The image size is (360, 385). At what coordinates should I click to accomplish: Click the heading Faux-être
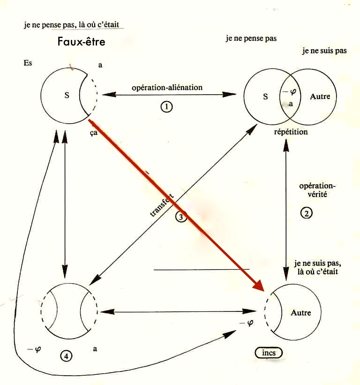[x=81, y=42]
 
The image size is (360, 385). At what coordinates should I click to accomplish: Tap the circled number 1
[x=166, y=107]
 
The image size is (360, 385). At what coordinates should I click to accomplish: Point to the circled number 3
[x=181, y=217]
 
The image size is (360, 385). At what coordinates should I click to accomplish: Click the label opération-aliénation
[x=167, y=87]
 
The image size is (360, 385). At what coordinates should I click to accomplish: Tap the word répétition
[x=291, y=132]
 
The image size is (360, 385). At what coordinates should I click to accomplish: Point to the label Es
[x=28, y=63]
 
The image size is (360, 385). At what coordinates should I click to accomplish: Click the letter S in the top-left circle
[x=67, y=96]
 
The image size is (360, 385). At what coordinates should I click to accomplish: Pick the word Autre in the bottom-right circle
[x=300, y=313]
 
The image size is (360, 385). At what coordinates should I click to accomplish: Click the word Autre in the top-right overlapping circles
[x=320, y=97]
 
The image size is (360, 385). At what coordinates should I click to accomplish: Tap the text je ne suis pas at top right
[x=324, y=51]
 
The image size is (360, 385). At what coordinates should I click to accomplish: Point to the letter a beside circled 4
[x=95, y=348]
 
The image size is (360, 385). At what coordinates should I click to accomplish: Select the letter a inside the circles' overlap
[x=291, y=104]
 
